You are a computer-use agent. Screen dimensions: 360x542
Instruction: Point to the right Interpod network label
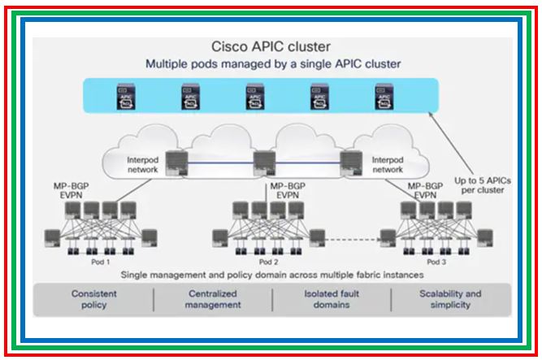(387, 165)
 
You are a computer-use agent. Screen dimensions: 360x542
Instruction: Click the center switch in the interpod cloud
(261, 163)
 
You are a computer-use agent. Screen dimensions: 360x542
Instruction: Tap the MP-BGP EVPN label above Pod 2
(284, 191)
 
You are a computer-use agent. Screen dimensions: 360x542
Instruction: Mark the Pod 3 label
(436, 262)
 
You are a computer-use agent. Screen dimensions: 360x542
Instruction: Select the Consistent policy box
(93, 299)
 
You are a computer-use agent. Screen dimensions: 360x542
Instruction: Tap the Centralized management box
(214, 299)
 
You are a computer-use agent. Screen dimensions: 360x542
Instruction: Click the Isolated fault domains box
(332, 299)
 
